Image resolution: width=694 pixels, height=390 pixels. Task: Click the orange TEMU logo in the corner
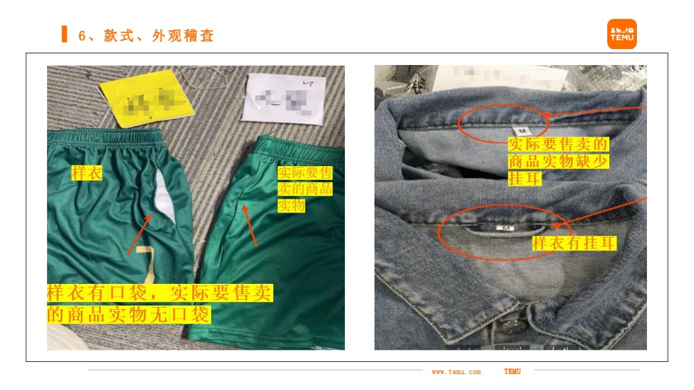pyautogui.click(x=622, y=34)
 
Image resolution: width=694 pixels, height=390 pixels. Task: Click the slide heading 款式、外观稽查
pyautogui.click(x=159, y=35)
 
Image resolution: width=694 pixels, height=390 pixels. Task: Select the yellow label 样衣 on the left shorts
pyautogui.click(x=87, y=173)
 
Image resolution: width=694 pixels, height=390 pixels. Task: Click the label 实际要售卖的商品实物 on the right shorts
pyautogui.click(x=305, y=190)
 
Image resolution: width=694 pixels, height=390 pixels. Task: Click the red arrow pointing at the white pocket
pyautogui.click(x=140, y=235)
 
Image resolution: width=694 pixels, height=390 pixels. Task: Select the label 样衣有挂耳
pyautogui.click(x=574, y=244)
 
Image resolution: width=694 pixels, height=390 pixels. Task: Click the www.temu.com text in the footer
pyautogui.click(x=456, y=372)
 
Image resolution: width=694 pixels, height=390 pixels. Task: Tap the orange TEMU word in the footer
pyautogui.click(x=512, y=372)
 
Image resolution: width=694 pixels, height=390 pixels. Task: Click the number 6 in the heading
pyautogui.click(x=82, y=35)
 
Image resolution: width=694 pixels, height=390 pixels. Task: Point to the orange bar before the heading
pyautogui.click(x=64, y=34)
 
